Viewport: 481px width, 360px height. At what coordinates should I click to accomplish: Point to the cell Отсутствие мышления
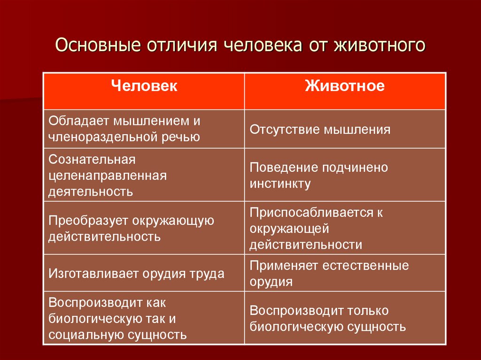pos(320,130)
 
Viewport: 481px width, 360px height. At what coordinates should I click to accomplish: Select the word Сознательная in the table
pos(92,160)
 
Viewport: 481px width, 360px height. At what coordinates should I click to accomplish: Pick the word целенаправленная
pos(108,176)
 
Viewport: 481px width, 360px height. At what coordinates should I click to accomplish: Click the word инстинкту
pos(280,184)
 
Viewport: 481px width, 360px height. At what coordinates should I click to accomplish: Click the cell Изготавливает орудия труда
pos(136,274)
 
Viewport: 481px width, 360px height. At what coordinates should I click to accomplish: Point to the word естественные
pos(366,266)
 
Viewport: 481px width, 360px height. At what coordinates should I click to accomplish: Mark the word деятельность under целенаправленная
pos(90,191)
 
